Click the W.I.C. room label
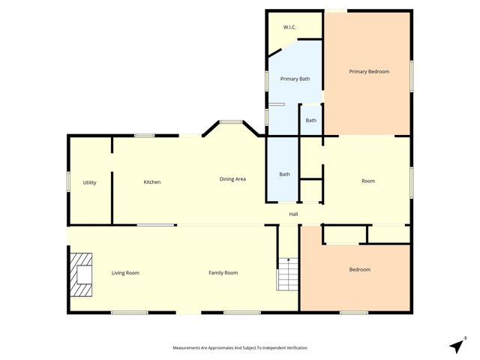click(x=289, y=28)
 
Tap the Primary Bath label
click(x=295, y=79)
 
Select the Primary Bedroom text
click(x=369, y=71)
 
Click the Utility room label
click(x=89, y=182)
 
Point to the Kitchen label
click(x=152, y=182)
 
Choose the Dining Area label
click(x=232, y=179)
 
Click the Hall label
click(x=294, y=214)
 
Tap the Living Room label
click(x=125, y=273)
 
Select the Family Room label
click(x=223, y=273)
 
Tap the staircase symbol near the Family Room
click(x=288, y=274)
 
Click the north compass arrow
click(x=457, y=345)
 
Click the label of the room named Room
click(x=368, y=181)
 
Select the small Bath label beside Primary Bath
click(x=310, y=121)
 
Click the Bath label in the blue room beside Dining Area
click(x=284, y=175)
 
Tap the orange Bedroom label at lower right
click(x=359, y=270)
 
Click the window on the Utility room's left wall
click(x=68, y=181)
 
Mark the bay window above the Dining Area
click(x=230, y=122)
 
